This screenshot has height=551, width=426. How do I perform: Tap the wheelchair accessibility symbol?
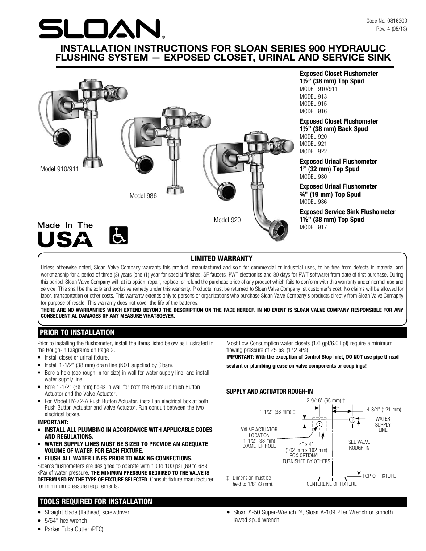coord(118,234)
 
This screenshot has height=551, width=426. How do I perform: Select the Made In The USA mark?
coord(65,235)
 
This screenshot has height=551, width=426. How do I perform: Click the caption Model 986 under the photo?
coord(143,196)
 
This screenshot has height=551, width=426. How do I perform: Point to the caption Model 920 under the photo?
coord(227,220)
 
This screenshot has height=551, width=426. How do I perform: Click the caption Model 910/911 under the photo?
coord(59,169)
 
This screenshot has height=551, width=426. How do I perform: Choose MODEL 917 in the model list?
coord(313,227)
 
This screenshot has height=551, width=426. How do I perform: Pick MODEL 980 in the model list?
coord(313,177)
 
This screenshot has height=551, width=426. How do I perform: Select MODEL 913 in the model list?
coord(313,96)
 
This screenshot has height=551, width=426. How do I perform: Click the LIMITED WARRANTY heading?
coord(221,258)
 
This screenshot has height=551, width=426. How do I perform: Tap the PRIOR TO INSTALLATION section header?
coord(77,332)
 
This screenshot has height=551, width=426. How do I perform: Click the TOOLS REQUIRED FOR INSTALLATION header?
coord(96,501)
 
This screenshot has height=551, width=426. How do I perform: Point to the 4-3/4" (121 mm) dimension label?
coord(384,409)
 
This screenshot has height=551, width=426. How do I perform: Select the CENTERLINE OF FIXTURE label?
coord(331,484)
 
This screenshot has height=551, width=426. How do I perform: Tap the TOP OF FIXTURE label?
coord(379,476)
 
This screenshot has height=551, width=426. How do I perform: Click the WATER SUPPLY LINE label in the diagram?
coord(383,424)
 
